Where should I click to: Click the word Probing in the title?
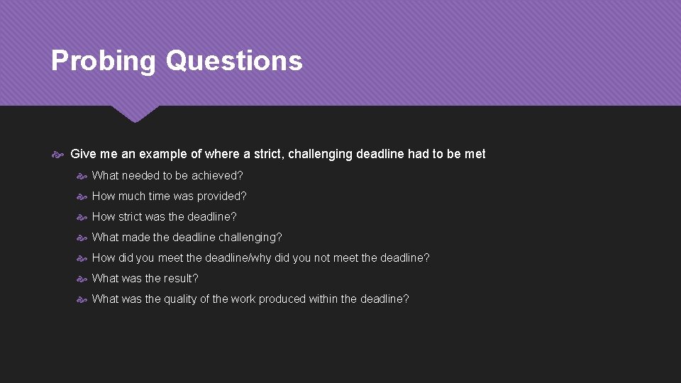[103, 61]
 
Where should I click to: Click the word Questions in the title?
[234, 61]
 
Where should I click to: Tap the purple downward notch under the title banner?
[135, 113]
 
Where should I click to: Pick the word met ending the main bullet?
[475, 154]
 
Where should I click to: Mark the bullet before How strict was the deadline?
[82, 217]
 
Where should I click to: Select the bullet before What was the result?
[82, 279]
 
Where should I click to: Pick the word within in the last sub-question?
[324, 299]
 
